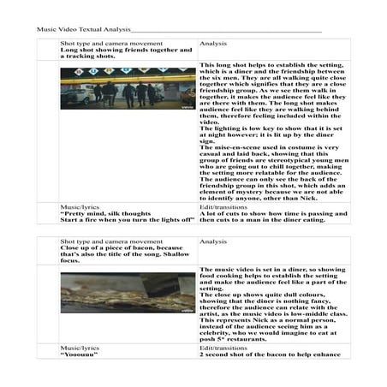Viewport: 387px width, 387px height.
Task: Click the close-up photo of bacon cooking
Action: coord(127,293)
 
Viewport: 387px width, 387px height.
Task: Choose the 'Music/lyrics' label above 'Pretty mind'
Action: coord(80,206)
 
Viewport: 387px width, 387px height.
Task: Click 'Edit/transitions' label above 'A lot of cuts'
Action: coord(224,206)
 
